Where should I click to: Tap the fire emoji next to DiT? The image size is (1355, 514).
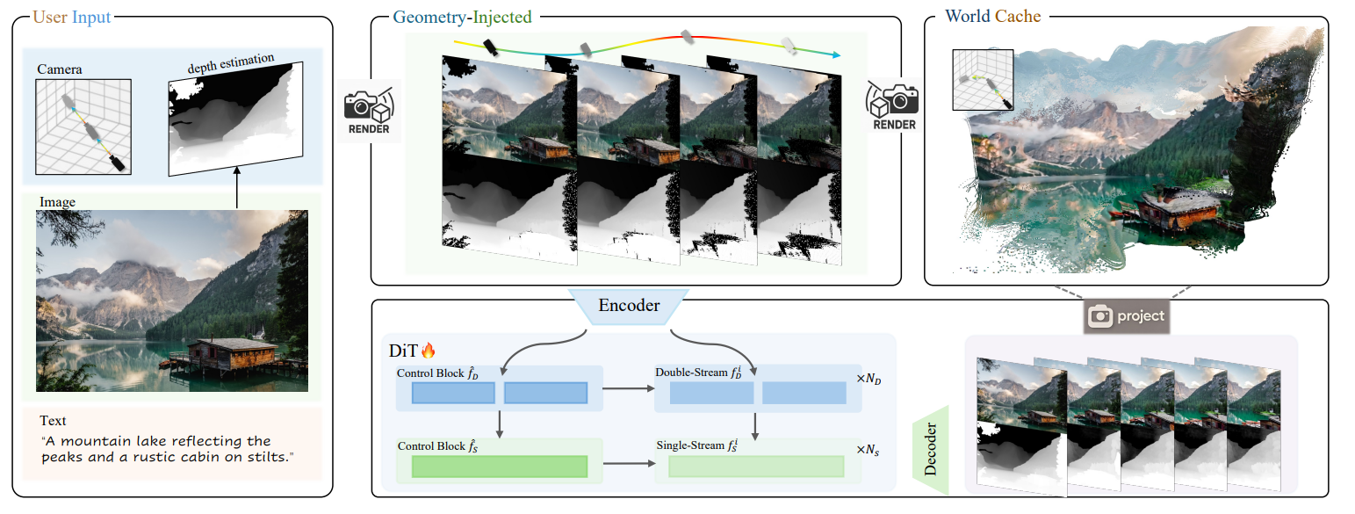pos(429,351)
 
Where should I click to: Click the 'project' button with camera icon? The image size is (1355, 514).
pos(1127,316)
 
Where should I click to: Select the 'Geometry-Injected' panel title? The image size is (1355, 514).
pos(462,16)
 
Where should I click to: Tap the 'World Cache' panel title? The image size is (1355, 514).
pos(992,16)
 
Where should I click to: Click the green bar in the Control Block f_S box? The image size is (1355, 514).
pos(499,467)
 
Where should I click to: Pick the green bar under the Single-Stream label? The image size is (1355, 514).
pos(755,467)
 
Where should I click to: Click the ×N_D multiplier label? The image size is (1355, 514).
pos(870,379)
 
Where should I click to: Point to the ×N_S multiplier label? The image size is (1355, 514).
pos(870,451)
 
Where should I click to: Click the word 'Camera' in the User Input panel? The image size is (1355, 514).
pos(60,69)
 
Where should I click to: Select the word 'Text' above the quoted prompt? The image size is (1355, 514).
pos(53,421)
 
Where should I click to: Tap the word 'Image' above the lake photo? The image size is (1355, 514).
pos(57,202)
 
